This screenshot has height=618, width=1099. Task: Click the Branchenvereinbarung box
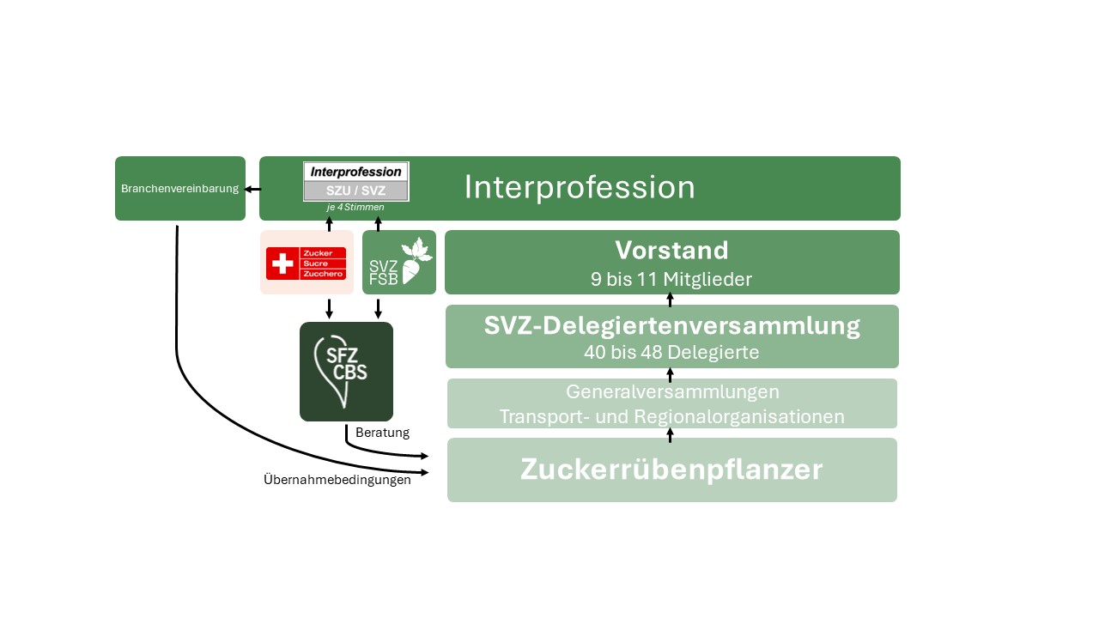point(180,188)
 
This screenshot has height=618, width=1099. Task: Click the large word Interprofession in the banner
point(580,188)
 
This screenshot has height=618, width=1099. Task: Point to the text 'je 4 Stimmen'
point(355,207)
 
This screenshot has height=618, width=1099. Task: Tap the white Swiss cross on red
point(281,264)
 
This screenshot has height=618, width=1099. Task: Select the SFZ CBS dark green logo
point(346,372)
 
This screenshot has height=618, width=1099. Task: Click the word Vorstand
point(671,250)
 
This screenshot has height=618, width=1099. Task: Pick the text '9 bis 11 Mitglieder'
point(671,278)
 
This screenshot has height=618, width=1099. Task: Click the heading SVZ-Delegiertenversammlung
point(671,326)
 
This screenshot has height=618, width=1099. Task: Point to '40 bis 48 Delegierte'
point(671,352)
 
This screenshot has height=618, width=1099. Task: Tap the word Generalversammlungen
point(672,392)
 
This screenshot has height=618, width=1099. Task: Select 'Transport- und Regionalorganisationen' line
point(672,417)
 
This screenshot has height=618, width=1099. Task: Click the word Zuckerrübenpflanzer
point(671,470)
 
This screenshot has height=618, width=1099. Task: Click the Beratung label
point(382,433)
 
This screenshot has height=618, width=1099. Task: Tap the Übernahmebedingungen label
point(337,480)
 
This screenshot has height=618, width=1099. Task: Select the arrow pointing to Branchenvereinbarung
point(252,189)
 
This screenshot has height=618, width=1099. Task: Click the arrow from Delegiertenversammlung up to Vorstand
point(671,299)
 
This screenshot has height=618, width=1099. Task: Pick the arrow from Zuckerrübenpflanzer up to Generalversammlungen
point(671,433)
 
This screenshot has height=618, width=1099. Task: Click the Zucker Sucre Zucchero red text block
point(323,264)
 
